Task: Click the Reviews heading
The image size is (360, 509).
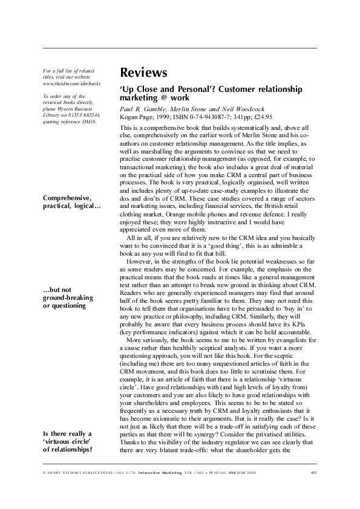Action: click(x=143, y=73)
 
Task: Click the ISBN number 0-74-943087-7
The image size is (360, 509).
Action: click(x=192, y=117)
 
